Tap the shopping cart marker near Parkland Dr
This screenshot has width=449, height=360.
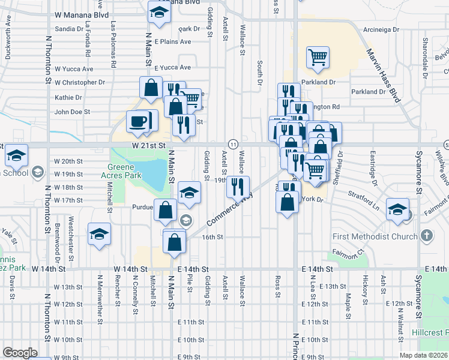(x=318, y=58)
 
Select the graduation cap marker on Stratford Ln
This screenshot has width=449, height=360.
(x=397, y=208)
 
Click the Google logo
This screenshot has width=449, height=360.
(x=20, y=353)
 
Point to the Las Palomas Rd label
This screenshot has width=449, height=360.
(x=113, y=40)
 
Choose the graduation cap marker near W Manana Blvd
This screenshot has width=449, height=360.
(x=158, y=13)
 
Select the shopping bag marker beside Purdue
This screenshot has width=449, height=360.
(x=166, y=210)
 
